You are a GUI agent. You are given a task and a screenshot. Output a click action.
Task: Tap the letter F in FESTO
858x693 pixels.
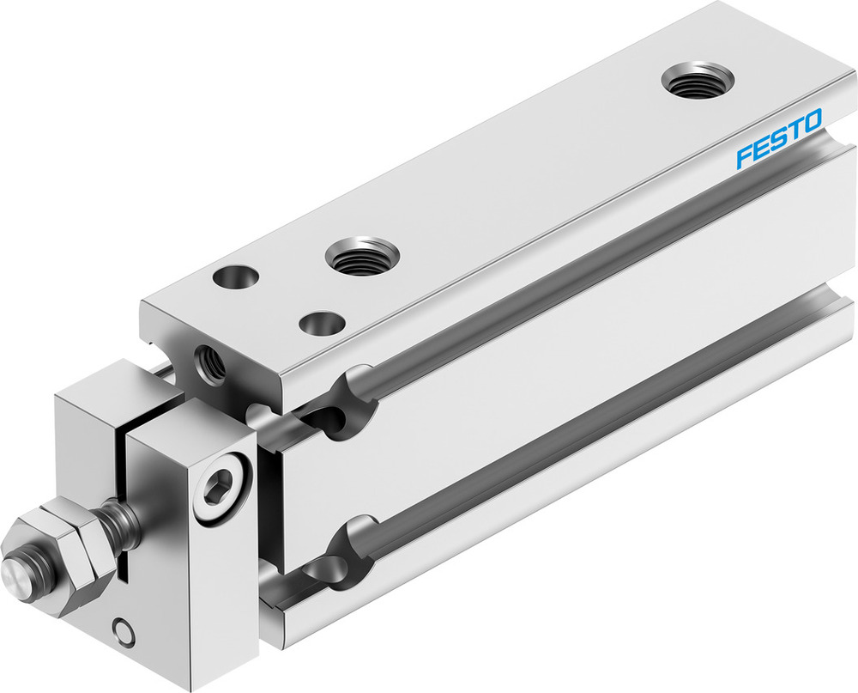point(744,157)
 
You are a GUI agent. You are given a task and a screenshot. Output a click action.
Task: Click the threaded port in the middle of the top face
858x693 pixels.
point(362,256)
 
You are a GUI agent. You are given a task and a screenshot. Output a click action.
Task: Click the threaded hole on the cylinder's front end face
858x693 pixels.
point(210,364)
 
